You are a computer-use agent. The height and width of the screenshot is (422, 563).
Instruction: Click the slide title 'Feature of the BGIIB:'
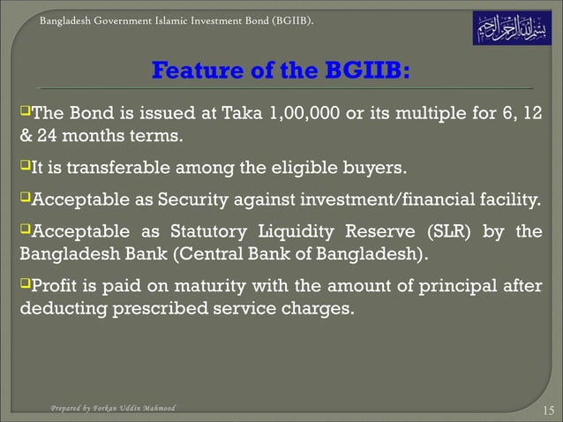point(281,70)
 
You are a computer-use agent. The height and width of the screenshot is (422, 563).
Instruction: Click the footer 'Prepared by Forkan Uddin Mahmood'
point(112,408)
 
